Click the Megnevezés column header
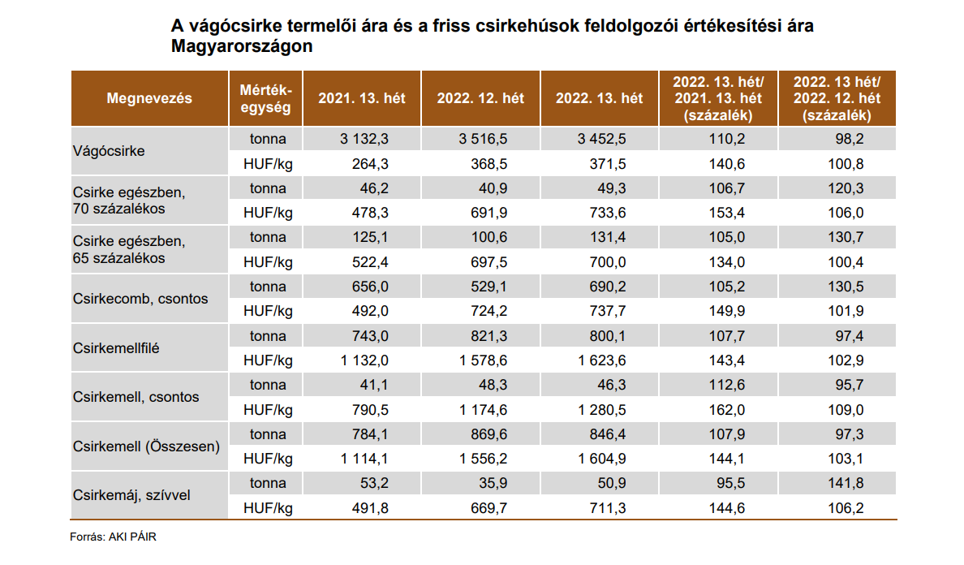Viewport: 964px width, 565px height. click(x=149, y=98)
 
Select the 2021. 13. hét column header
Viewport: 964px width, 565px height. click(x=362, y=98)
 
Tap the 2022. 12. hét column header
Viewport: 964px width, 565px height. click(x=480, y=98)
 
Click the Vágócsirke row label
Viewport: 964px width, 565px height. click(x=109, y=151)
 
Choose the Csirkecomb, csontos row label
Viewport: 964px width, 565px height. click(x=140, y=299)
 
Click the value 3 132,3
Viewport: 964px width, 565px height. click(x=365, y=139)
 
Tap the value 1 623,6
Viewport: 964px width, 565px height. click(x=602, y=360)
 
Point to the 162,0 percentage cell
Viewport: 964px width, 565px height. click(x=729, y=409)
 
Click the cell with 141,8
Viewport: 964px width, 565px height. click(x=847, y=483)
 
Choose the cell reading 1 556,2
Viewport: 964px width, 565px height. click(x=484, y=459)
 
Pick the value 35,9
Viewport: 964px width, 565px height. click(x=490, y=483)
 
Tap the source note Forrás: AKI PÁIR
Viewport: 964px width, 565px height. click(x=112, y=537)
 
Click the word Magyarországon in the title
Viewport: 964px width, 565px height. click(x=242, y=47)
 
